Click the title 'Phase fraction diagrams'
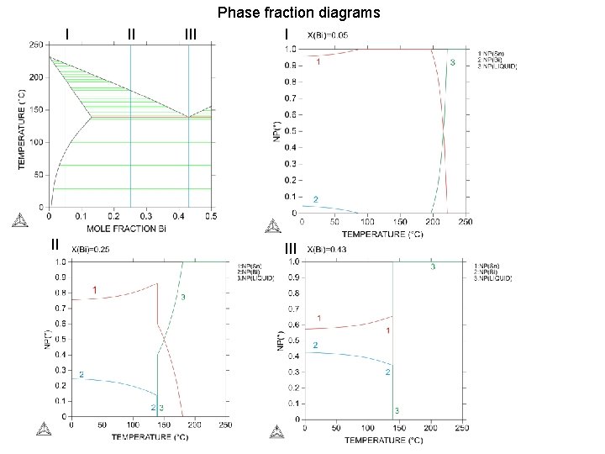pyautogui.click(x=298, y=13)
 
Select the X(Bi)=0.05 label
pyautogui.click(x=328, y=35)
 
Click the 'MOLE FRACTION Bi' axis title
pyautogui.click(x=128, y=228)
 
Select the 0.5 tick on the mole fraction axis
pyautogui.click(x=210, y=216)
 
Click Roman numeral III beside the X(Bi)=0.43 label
pyautogui.click(x=291, y=248)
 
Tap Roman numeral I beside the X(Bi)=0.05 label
pyautogui.click(x=287, y=34)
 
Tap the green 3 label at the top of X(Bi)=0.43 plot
pyautogui.click(x=433, y=267)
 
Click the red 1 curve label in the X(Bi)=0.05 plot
pyautogui.click(x=318, y=61)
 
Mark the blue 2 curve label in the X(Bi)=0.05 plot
pyautogui.click(x=315, y=198)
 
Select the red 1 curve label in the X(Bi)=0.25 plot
pyautogui.click(x=94, y=290)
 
